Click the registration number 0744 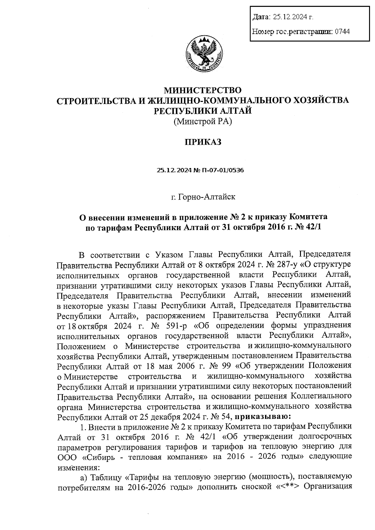342,31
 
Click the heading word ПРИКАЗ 203,142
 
